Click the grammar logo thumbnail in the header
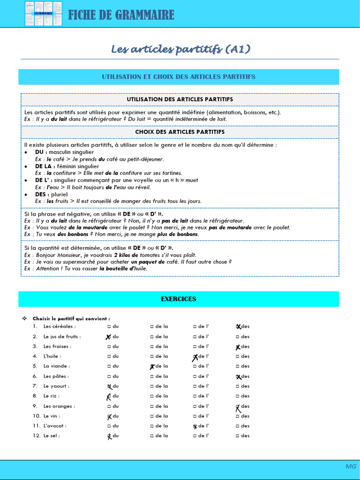pyautogui.click(x=43, y=14)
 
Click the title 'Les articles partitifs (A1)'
pyautogui.click(x=180, y=49)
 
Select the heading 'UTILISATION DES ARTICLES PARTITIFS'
pyautogui.click(x=180, y=99)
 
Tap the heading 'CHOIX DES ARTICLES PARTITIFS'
pyautogui.click(x=180, y=132)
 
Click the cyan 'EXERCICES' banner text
pyautogui.click(x=179, y=299)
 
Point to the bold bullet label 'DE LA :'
pyautogui.click(x=45, y=166)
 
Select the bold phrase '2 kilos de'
pyautogui.click(x=125, y=255)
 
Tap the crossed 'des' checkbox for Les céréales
pyautogui.click(x=238, y=327)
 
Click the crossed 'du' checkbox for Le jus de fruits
pyautogui.click(x=109, y=337)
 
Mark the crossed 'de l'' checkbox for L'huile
pyautogui.click(x=195, y=357)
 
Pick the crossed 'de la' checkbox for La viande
pyautogui.click(x=152, y=367)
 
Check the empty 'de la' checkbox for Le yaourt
pyautogui.click(x=152, y=386)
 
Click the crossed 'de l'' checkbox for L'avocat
pyautogui.click(x=195, y=426)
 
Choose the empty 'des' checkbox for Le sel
pyautogui.click(x=238, y=436)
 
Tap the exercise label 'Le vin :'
pyautogui.click(x=52, y=416)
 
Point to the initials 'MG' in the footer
pyautogui.click(x=351, y=466)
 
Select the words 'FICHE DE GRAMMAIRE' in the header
pyautogui.click(x=121, y=15)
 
